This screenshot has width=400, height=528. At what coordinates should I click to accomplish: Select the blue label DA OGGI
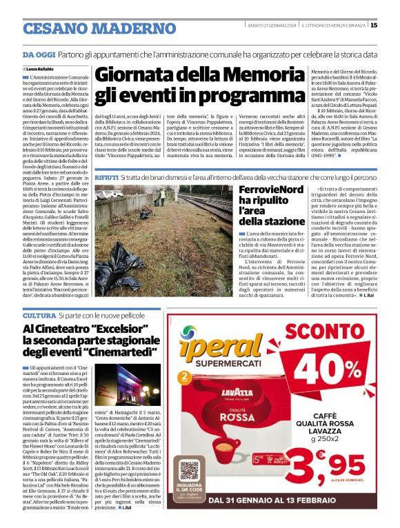click(x=38, y=54)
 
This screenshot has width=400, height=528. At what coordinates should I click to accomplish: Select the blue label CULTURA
click(x=39, y=315)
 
